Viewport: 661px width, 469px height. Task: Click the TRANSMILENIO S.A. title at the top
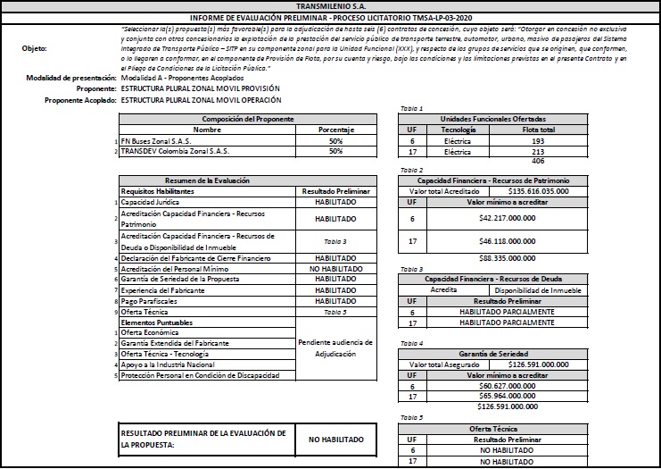[x=330, y=5]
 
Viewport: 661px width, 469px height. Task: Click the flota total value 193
[x=538, y=141]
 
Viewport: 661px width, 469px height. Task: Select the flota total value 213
[x=538, y=152]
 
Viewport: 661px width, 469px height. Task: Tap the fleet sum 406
[x=538, y=162]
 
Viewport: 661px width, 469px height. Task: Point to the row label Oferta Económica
[x=152, y=332]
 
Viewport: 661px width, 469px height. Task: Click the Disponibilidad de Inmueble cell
[x=538, y=289]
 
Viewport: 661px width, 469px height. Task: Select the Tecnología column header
[x=458, y=130]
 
